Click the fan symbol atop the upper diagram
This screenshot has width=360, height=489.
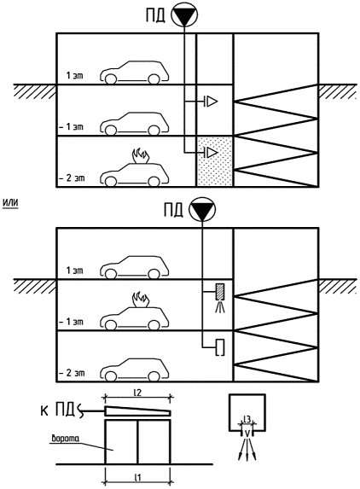(185, 15)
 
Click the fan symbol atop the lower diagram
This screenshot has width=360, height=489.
(202, 208)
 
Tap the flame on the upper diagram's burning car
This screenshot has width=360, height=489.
(141, 156)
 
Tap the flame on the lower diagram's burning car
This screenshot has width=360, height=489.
(141, 299)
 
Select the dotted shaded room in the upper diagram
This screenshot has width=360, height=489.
(215, 161)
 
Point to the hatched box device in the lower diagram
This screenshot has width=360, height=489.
(220, 292)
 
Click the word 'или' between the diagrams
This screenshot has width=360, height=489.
(10, 203)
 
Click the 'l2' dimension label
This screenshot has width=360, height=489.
(137, 393)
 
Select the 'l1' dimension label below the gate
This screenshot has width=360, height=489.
(137, 477)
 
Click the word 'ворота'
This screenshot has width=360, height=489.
(66, 439)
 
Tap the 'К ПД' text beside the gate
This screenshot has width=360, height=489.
(58, 410)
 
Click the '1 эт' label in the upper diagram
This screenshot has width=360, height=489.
(75, 75)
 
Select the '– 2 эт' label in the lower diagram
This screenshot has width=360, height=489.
(72, 373)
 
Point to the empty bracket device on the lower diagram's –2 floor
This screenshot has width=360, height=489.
(220, 347)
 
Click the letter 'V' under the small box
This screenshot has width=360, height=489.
(247, 433)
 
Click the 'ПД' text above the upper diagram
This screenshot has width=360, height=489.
(155, 15)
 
